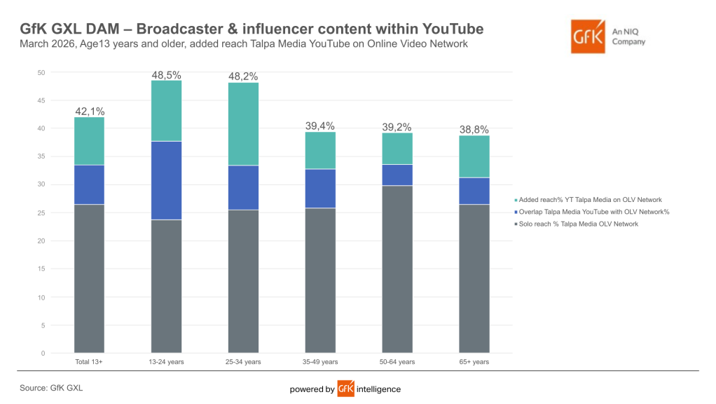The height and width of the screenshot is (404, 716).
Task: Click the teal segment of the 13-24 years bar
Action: point(166,111)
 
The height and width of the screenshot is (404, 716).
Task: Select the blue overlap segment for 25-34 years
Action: point(243,188)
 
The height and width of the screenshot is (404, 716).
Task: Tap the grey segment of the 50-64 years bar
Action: point(397,269)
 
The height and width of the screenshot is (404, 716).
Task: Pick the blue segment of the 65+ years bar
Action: point(474,191)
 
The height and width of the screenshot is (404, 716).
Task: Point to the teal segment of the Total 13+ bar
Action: point(89,141)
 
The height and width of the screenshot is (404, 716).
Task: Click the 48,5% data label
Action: point(166,75)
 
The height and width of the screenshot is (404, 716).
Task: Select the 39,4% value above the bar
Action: point(320,126)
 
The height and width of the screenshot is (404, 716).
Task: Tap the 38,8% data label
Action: point(474,129)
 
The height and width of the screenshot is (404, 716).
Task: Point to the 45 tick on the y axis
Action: point(41,100)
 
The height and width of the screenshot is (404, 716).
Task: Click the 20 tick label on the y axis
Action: point(41,241)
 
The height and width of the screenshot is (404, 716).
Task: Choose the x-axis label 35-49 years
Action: point(320,362)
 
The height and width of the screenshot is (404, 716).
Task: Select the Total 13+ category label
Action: point(89,362)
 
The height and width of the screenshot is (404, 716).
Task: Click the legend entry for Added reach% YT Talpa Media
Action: point(588,200)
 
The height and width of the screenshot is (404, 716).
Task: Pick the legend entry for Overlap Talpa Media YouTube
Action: point(592,212)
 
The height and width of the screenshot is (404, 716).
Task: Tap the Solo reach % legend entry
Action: point(577,224)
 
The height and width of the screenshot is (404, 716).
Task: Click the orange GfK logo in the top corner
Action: point(588,36)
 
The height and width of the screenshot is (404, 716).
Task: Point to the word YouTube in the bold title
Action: point(453,29)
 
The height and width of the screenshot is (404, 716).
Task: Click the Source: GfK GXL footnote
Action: point(51,388)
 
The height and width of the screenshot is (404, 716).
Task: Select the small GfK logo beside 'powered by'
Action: point(345,389)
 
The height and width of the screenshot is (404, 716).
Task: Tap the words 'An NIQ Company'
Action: point(629,36)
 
